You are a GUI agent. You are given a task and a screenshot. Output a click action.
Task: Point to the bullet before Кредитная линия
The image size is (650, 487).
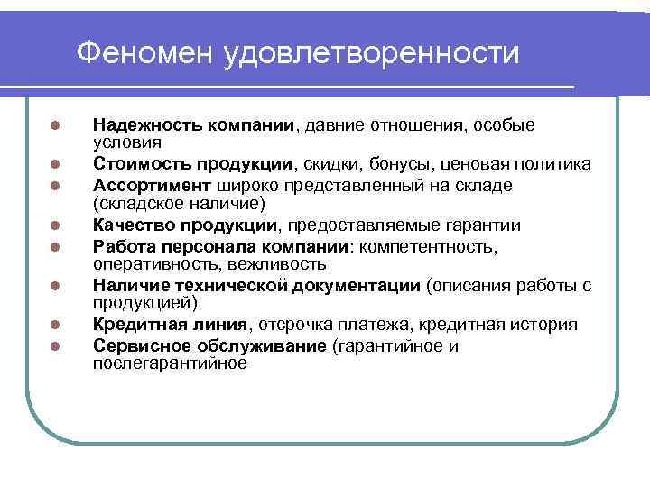tap(55, 325)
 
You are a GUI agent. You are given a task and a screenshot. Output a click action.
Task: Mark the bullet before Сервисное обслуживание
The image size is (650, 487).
tap(55, 345)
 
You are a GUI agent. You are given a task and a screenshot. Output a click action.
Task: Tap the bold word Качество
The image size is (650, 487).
tap(129, 225)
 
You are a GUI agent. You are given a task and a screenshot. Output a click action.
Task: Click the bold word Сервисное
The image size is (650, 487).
tap(137, 345)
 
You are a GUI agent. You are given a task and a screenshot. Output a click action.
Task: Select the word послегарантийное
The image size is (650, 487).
tap(169, 363)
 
